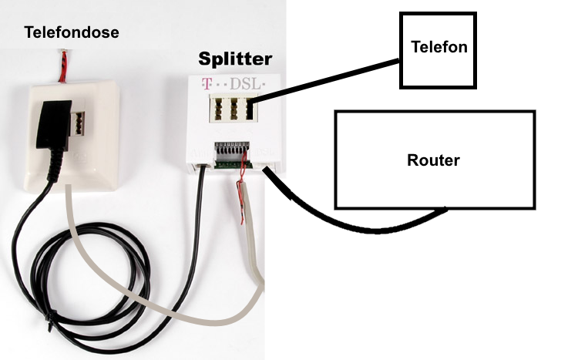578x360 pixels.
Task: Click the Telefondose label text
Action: click(72, 32)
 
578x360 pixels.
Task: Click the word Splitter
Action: click(235, 59)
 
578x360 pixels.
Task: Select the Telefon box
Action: click(438, 51)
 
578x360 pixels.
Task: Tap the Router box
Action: click(435, 160)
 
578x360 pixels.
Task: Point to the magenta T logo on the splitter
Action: click(207, 84)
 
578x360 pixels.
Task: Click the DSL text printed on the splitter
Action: click(245, 84)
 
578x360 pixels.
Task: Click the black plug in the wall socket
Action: click(54, 126)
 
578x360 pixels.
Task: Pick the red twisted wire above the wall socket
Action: click(63, 66)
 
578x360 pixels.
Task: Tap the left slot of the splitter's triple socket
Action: click(217, 108)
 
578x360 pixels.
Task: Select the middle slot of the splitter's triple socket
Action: click(233, 108)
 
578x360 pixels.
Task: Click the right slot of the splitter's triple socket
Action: click(250, 108)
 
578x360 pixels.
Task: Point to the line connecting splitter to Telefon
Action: click(325, 80)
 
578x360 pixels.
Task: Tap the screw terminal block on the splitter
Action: click(232, 154)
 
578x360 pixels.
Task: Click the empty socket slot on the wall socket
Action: click(78, 123)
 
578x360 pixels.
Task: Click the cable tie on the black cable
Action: click(49, 321)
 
